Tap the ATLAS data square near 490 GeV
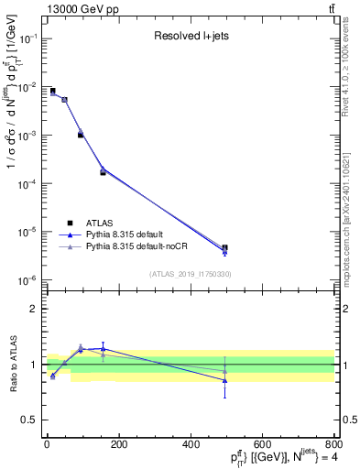224,247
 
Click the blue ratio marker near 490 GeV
224,380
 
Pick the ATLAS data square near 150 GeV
103,172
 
